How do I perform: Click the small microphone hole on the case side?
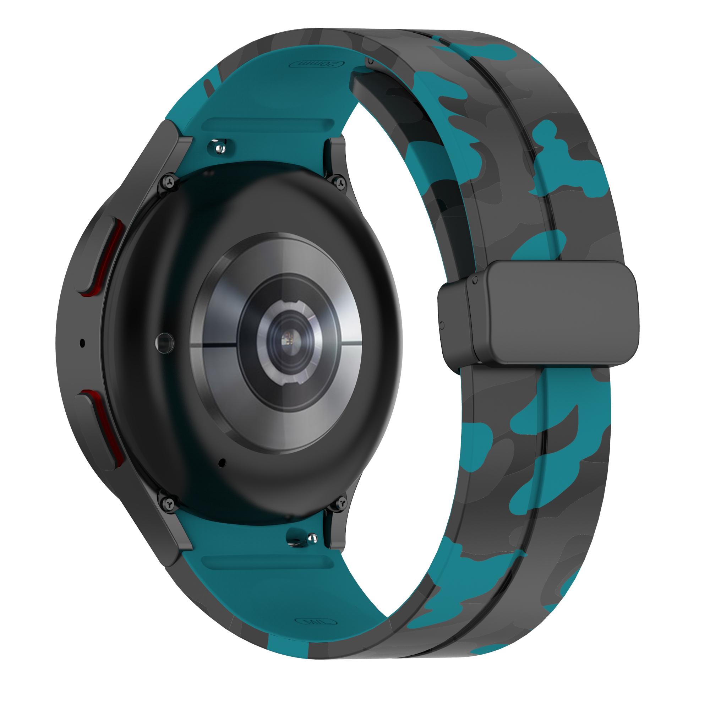click(82, 343)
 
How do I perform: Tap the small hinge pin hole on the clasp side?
click(441, 325)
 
